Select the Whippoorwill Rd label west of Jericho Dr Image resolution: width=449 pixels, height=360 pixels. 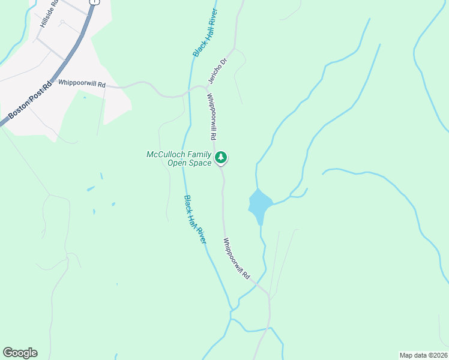82,85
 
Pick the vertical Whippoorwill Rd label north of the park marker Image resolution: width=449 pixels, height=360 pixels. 211,117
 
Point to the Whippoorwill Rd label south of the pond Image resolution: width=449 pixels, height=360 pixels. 237,258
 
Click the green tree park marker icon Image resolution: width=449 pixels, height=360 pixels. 221,158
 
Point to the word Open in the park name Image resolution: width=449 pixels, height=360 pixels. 175,163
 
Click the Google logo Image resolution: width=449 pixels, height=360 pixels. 20,353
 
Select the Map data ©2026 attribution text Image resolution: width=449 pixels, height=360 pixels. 424,355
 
